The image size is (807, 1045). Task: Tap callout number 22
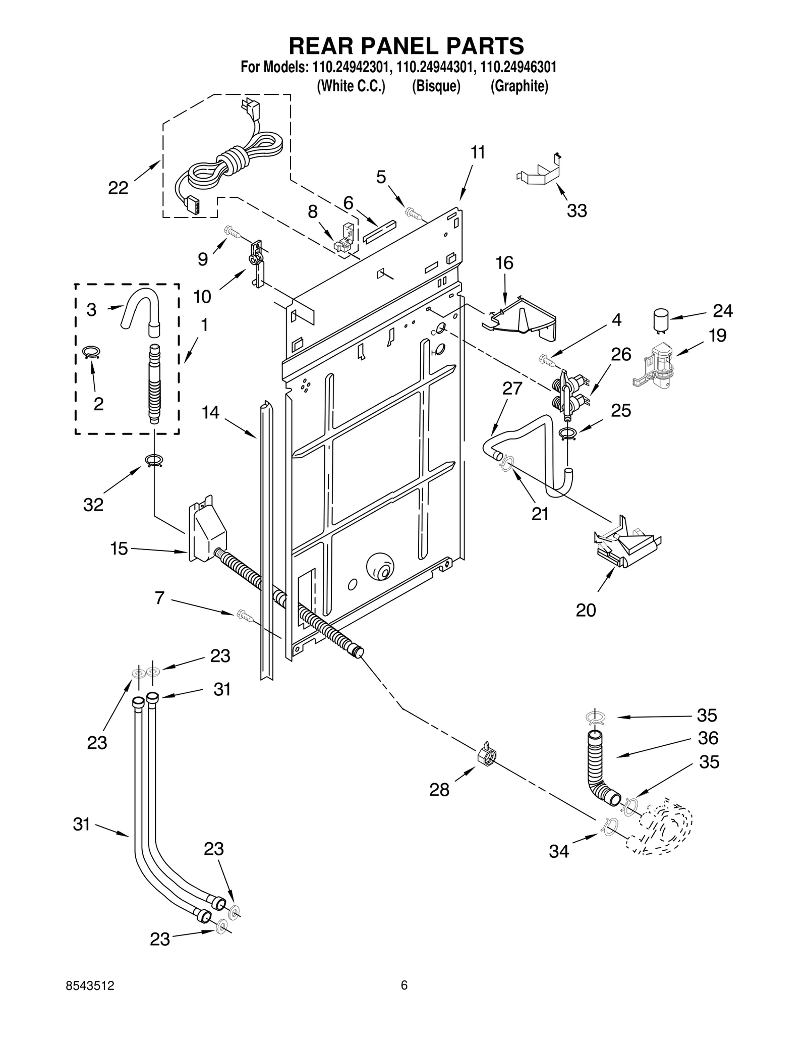pos(118,188)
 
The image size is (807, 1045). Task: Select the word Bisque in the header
pos(436,86)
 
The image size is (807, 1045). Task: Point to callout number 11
pos(477,152)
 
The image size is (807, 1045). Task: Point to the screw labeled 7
pos(243,614)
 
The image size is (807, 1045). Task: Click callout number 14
pos(210,412)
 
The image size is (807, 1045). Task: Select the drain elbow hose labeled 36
pos(598,769)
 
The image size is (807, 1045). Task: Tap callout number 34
pos(559,852)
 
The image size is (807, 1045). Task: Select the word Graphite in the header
pos(519,86)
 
